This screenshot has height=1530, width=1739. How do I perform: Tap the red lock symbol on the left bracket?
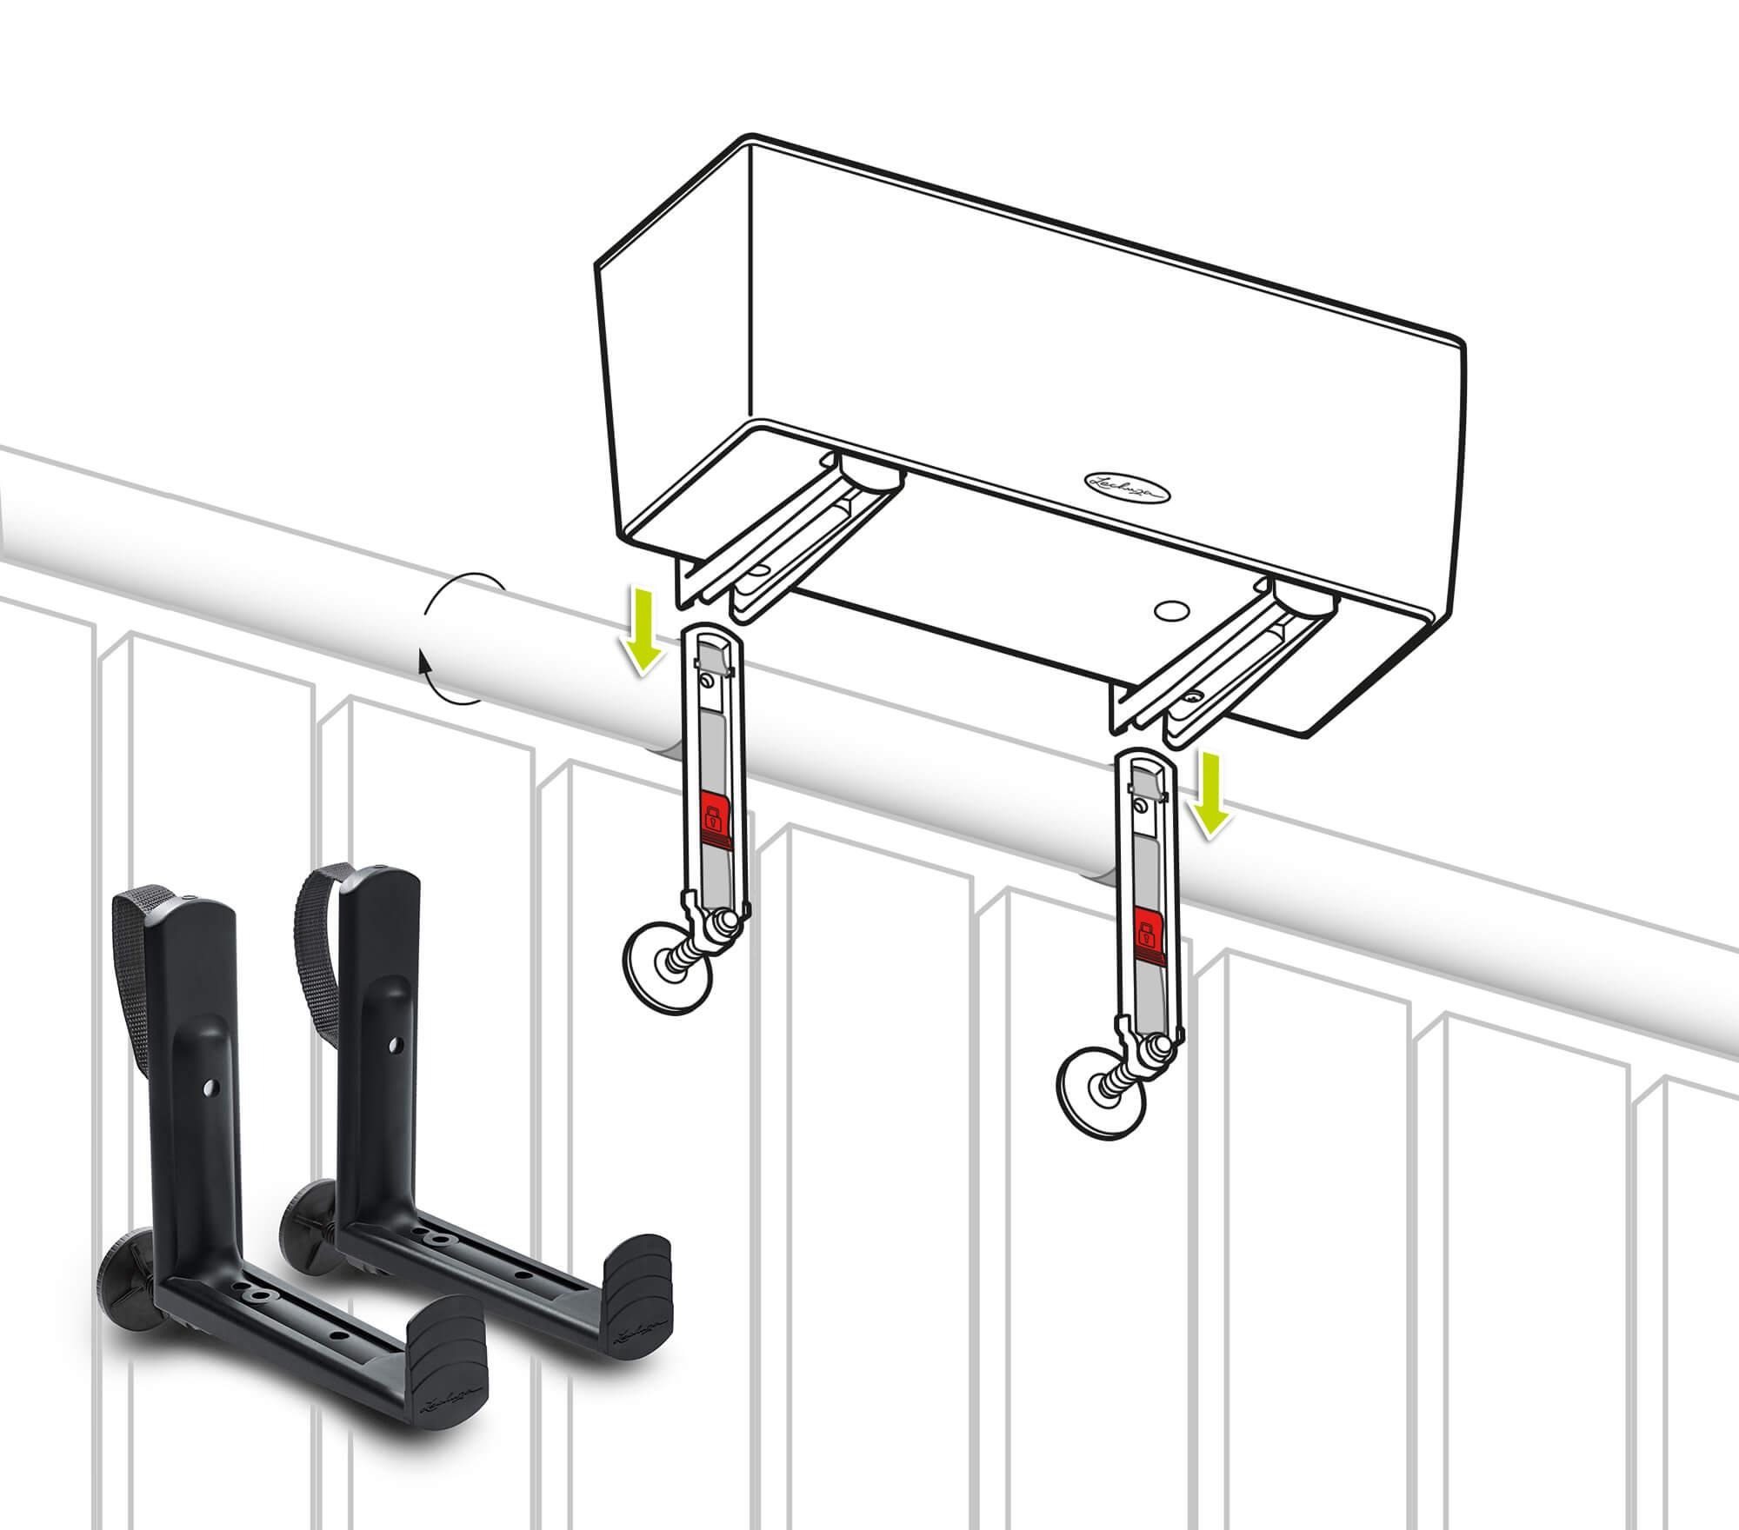point(713,818)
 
